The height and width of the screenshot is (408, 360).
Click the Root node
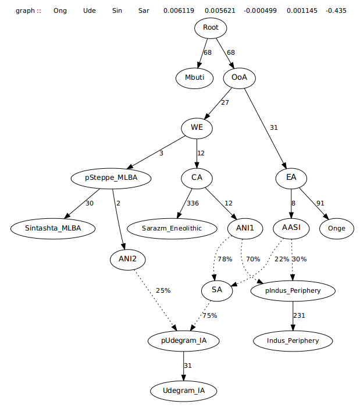(x=211, y=28)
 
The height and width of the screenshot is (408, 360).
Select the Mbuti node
(x=195, y=77)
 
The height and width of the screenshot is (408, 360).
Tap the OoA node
(x=240, y=77)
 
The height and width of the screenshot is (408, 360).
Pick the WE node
(x=197, y=127)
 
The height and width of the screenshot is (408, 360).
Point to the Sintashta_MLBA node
(x=53, y=228)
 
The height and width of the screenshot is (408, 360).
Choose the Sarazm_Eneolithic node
(x=172, y=228)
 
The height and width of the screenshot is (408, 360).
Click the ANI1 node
(x=244, y=228)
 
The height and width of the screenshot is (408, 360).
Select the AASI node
(x=291, y=228)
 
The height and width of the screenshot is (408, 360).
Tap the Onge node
(x=337, y=228)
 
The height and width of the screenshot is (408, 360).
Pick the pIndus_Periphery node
(x=293, y=290)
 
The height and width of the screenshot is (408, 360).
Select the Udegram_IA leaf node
(x=184, y=391)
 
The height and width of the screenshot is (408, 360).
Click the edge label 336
(x=192, y=203)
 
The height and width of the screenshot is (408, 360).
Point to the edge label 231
(x=299, y=315)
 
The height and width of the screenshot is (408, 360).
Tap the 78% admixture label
(x=224, y=259)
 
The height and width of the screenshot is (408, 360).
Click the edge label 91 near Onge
(x=320, y=203)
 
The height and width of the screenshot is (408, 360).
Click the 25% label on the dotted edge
(x=163, y=290)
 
